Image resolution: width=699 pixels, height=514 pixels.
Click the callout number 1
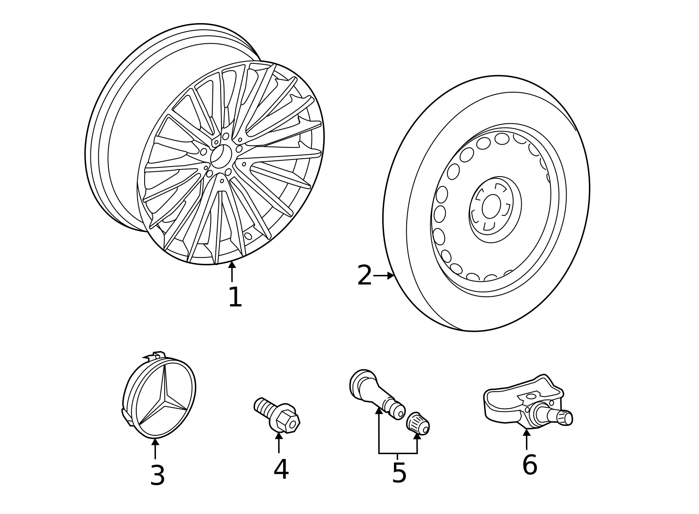point(235,298)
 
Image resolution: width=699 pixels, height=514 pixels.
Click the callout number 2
point(364,276)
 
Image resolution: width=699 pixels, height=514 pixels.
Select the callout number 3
point(157,476)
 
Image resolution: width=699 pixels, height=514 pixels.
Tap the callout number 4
point(281,469)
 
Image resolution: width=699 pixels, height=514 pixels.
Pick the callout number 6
point(529,465)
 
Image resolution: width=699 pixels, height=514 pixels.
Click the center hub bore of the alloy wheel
point(221,156)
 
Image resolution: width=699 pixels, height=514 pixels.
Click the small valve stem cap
point(418,423)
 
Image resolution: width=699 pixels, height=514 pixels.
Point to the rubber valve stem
point(371,387)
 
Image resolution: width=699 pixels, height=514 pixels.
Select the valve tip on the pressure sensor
point(564,418)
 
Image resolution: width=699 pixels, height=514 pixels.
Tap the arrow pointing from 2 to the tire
point(384,276)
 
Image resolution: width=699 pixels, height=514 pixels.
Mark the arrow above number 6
point(526,439)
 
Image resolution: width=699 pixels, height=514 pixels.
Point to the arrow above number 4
point(279,441)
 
